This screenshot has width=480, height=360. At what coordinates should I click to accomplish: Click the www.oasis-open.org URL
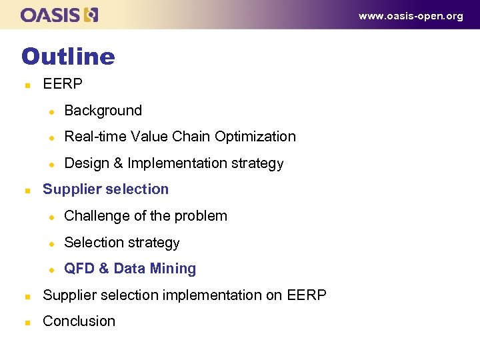point(411,16)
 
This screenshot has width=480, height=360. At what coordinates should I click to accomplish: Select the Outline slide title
point(68,57)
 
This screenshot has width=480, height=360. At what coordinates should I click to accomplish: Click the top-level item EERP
point(63,84)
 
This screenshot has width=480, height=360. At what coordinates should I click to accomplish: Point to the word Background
point(103,111)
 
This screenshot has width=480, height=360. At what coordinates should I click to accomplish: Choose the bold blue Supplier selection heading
point(105,189)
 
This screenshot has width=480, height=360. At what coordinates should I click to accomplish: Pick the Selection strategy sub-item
point(122,243)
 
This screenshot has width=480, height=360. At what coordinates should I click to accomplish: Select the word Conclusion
point(79,321)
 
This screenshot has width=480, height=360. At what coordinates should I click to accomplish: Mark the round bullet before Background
point(50,111)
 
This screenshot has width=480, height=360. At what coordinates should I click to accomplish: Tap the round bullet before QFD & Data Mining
point(50,269)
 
